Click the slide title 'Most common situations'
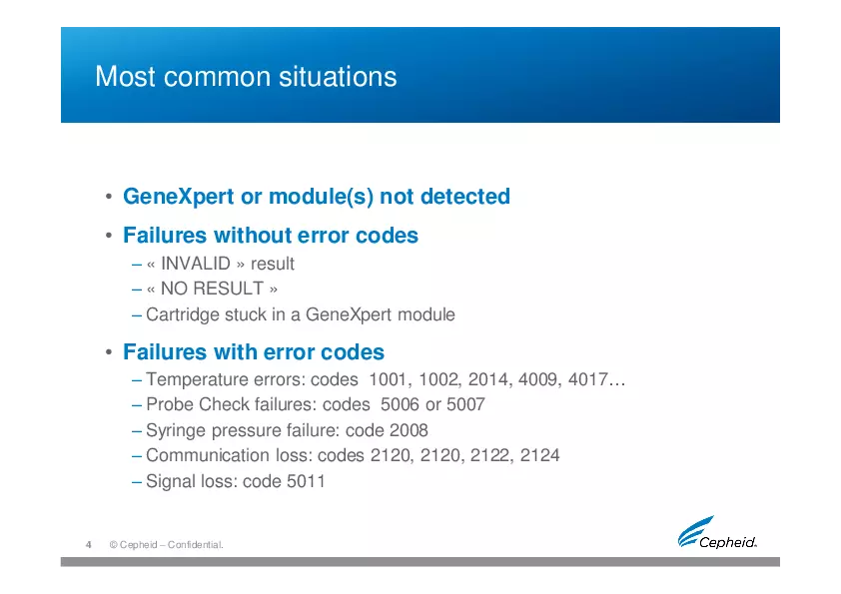(x=246, y=77)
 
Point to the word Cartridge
(x=181, y=314)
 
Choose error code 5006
(x=402, y=405)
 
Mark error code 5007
(x=464, y=405)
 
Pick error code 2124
(x=540, y=455)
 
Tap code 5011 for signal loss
(x=306, y=481)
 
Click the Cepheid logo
(x=716, y=534)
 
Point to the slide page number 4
(x=89, y=544)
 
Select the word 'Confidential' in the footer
(x=191, y=545)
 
